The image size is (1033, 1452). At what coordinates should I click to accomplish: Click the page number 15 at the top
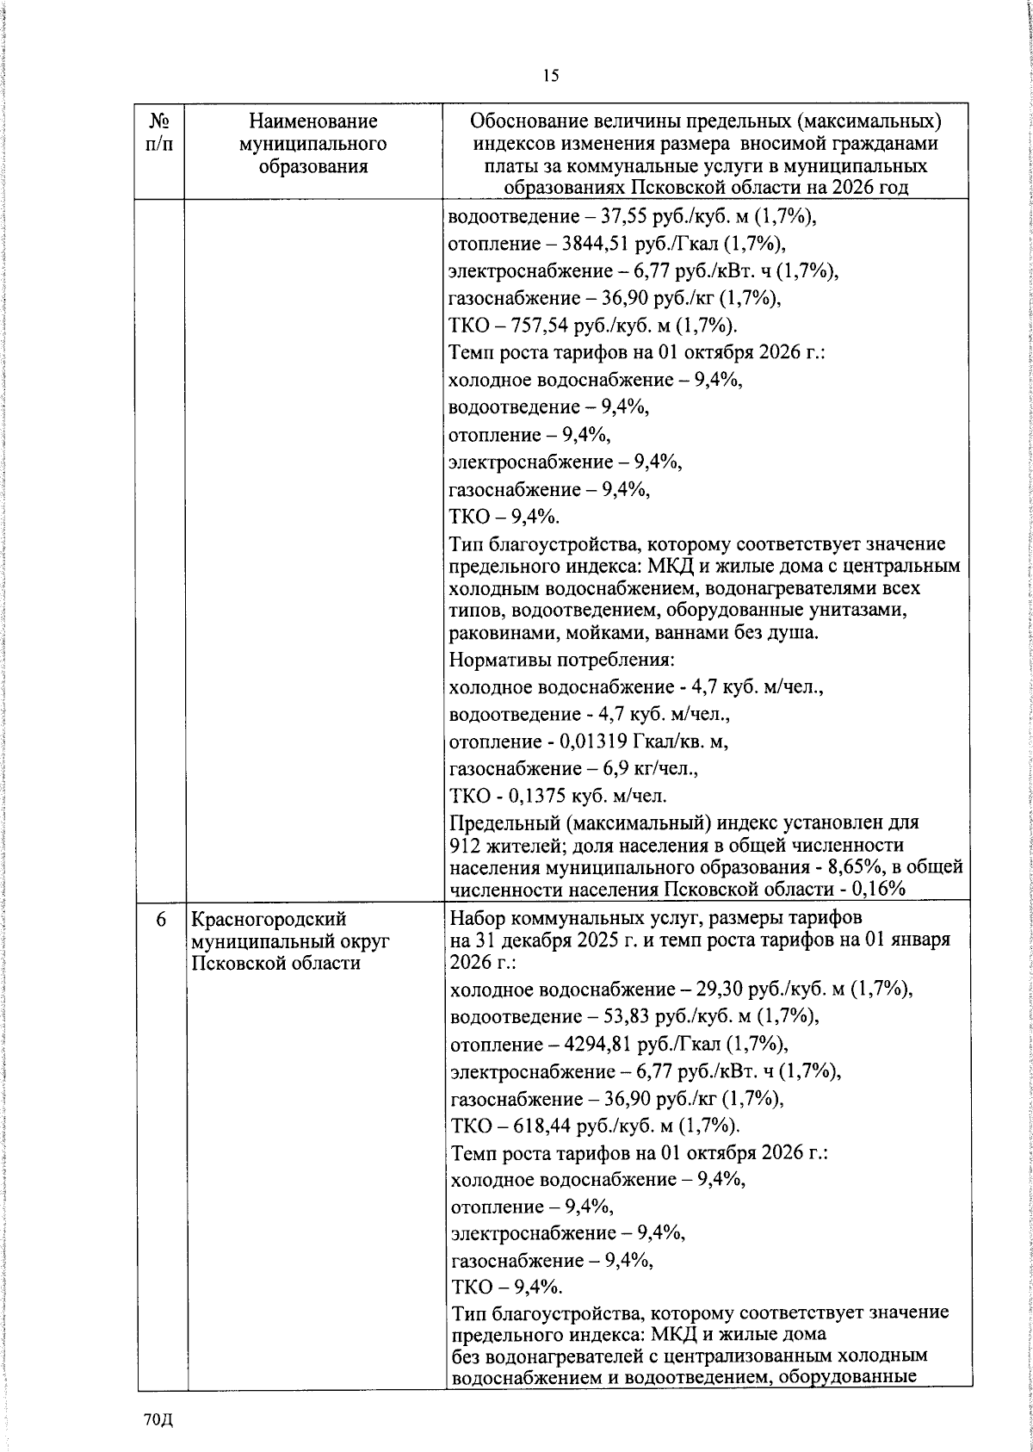coord(551,76)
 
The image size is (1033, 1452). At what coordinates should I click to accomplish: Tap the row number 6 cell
coord(161,920)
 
